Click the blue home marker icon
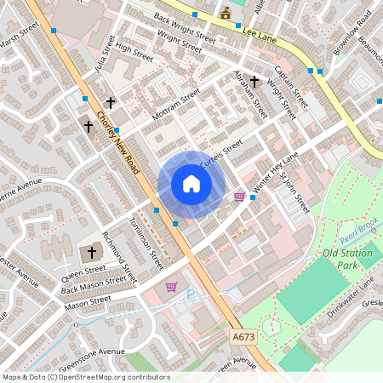[191, 184]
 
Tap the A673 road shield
[244, 338]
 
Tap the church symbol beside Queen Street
[93, 253]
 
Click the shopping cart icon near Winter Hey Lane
[239, 197]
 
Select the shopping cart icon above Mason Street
[171, 288]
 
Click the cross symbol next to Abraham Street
[254, 80]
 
